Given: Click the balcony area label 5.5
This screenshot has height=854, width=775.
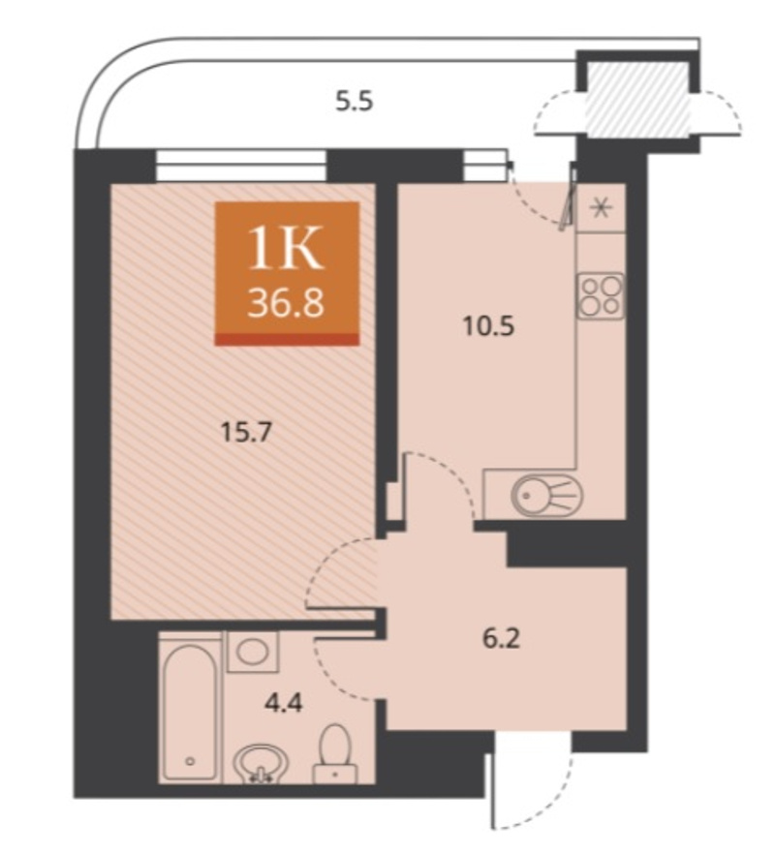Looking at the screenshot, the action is coord(355,102).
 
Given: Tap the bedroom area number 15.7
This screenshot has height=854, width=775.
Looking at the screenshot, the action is coord(246,433).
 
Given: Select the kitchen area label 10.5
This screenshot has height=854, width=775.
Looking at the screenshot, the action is coord(488,327).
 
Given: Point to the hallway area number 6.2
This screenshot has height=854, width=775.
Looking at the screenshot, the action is coord(502,638).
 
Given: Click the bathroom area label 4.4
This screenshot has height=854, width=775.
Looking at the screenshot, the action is coord(283,703).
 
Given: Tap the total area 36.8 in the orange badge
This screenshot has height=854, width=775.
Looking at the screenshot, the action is coord(286,303).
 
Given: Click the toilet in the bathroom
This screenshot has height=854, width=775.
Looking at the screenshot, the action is coord(334,754).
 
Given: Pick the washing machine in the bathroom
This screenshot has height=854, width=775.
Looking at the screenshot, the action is coord(252,652).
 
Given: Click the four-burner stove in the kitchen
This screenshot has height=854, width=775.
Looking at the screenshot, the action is coord(601,296).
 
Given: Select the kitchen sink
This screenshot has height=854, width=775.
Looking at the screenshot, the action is coord(546,496).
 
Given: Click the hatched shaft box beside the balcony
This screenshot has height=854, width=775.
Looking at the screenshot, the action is coord(637,100).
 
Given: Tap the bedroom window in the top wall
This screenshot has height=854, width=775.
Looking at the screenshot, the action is coord(240,166).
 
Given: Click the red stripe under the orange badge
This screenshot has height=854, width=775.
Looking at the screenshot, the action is coord(287,339).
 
